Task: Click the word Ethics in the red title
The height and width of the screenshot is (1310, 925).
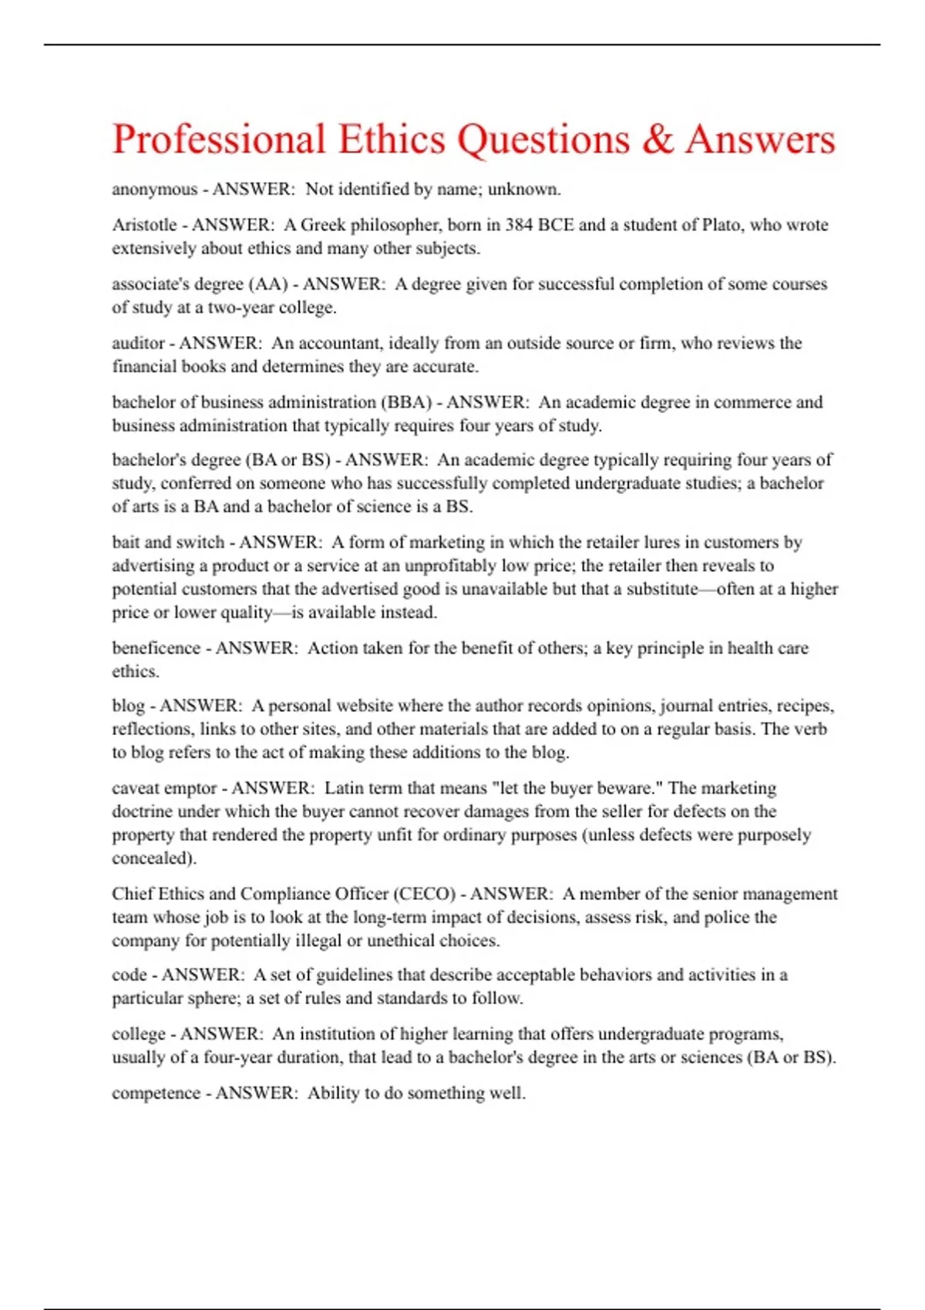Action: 392,140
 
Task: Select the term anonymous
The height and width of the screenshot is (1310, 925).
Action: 154,190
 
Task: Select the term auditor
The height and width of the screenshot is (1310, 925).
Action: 139,343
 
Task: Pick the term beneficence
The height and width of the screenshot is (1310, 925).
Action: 156,648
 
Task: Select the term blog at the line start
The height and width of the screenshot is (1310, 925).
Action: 128,706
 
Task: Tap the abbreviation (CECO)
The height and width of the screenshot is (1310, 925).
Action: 425,894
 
